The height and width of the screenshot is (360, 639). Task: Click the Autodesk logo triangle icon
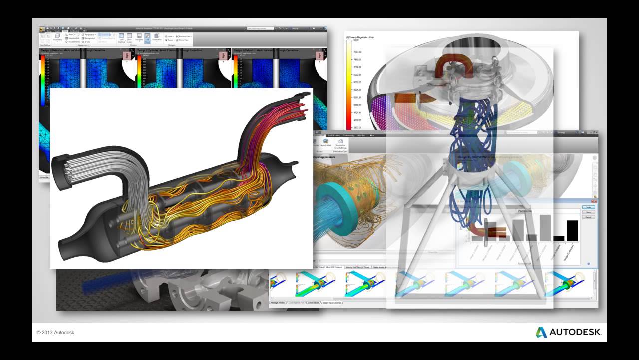(541, 332)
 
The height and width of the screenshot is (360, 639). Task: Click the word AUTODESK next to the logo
(575, 332)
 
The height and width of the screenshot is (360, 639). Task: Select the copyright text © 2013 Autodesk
(55, 333)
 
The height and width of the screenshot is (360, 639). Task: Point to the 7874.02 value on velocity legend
(357, 52)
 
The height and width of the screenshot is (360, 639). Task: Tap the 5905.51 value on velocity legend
(357, 90)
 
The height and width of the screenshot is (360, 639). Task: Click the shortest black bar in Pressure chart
(559, 238)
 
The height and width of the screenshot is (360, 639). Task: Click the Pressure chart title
(524, 211)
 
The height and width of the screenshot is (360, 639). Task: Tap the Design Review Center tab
(332, 303)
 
